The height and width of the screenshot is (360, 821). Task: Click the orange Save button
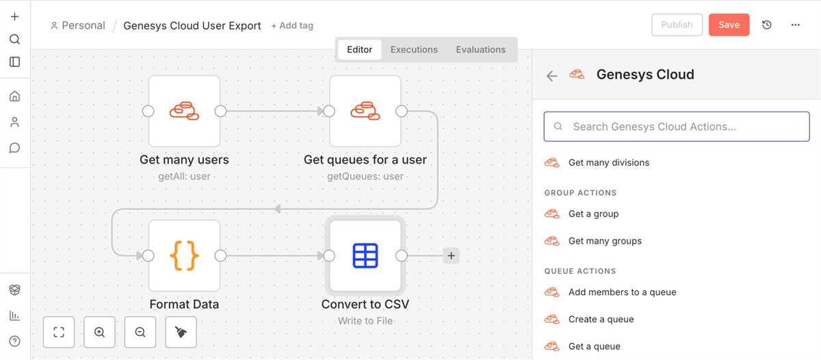click(729, 25)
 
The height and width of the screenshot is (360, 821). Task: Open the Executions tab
click(414, 49)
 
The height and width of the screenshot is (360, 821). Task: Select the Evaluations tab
click(480, 49)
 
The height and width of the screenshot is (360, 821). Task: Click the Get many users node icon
click(184, 111)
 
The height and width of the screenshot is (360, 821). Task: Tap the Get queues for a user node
click(365, 111)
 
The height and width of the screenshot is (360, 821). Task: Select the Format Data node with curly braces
click(184, 255)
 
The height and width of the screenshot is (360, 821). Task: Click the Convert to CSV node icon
click(365, 255)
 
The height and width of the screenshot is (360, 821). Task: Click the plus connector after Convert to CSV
click(451, 256)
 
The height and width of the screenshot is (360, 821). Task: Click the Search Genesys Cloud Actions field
click(677, 127)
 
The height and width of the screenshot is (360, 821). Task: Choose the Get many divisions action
click(608, 163)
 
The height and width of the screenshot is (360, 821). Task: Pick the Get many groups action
click(605, 241)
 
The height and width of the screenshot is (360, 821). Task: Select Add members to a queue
click(622, 292)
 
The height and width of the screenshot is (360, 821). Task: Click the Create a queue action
click(601, 320)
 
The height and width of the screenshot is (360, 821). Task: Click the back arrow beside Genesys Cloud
click(552, 76)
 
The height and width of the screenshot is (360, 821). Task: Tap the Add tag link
click(292, 25)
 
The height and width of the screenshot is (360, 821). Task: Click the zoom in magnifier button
click(100, 333)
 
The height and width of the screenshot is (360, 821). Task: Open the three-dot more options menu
click(795, 25)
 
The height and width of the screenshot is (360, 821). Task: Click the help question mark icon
click(14, 341)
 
